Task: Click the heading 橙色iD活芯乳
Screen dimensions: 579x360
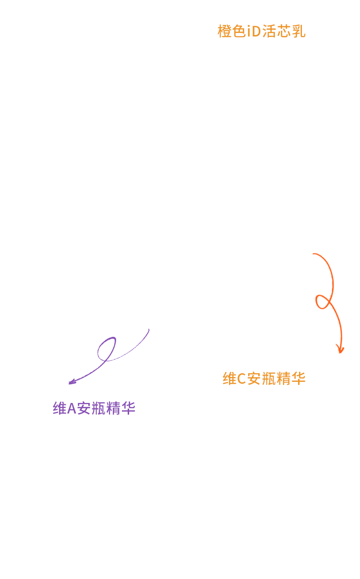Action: tap(262, 31)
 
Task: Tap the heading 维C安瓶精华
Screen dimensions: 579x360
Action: tap(264, 378)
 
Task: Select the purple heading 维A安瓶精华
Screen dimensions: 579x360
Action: tap(94, 408)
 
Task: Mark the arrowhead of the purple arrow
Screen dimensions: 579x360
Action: tap(72, 382)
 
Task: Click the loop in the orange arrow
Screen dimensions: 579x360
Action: tap(324, 301)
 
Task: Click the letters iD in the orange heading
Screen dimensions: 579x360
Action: tap(253, 31)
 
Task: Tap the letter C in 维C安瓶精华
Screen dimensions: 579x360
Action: tap(241, 378)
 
